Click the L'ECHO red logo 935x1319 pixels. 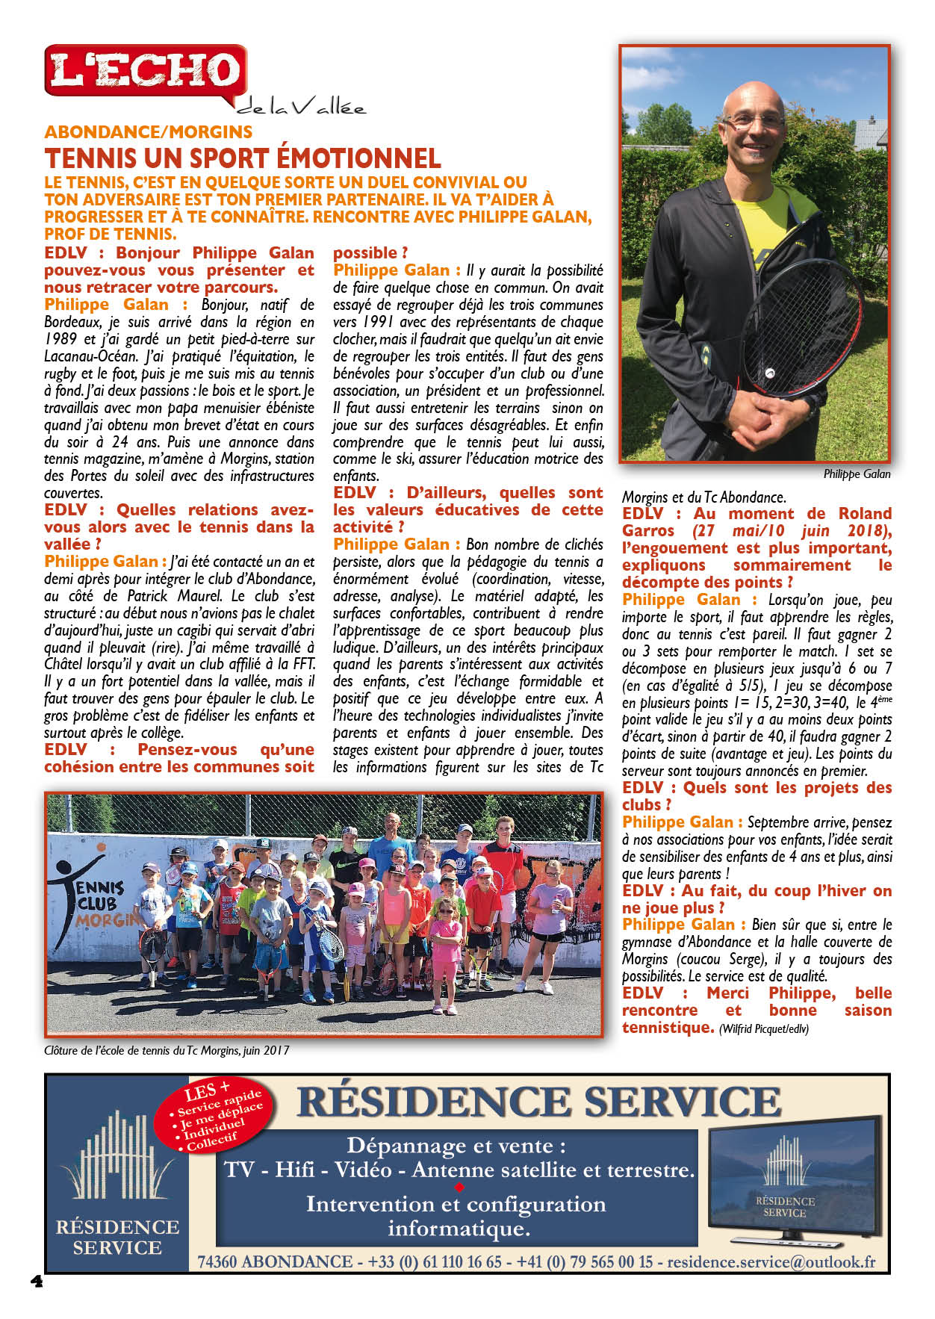[x=146, y=70]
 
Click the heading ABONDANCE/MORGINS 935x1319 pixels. [x=149, y=132]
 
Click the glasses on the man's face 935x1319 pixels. [x=754, y=120]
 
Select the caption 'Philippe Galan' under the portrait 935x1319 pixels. [x=857, y=474]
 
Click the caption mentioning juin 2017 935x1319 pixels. [x=167, y=1049]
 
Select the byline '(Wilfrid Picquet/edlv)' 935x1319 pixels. [x=763, y=1028]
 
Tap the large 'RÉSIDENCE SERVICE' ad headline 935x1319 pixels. [x=538, y=1102]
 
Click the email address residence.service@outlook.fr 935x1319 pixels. [x=771, y=1261]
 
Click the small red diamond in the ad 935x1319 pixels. [x=459, y=1187]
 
